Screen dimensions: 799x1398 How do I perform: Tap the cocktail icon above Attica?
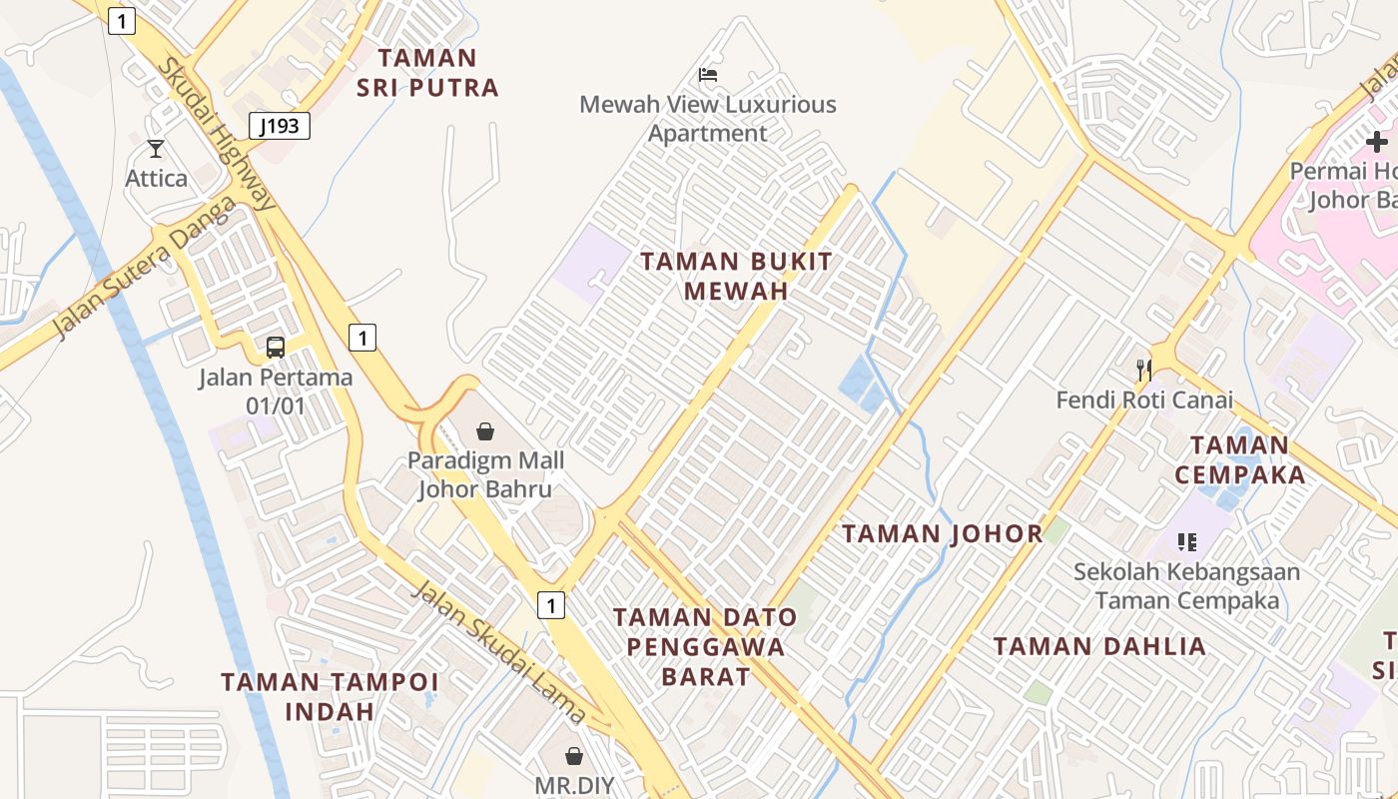tap(156, 149)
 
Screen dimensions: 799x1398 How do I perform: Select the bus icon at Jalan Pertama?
tap(276, 348)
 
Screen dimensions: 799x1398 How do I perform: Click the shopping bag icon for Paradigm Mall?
tap(484, 431)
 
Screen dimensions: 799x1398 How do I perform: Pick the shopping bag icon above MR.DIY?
tap(574, 756)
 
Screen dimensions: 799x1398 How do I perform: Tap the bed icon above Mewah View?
tap(708, 75)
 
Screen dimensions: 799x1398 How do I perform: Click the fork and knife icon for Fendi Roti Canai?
tap(1144, 370)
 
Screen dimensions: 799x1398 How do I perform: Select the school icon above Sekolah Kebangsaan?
tap(1187, 542)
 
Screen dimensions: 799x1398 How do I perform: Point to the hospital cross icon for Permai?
tap(1377, 142)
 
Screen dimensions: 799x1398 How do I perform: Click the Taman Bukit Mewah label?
tap(736, 277)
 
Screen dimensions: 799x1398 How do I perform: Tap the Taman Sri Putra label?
tap(427, 73)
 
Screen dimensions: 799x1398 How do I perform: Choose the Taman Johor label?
tap(943, 533)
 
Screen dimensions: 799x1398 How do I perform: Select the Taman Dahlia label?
tap(1099, 646)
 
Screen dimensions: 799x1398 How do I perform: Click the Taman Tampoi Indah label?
tap(330, 696)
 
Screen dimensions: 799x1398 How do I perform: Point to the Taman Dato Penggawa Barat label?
tap(705, 646)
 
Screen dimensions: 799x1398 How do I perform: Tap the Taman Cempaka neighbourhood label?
tap(1240, 459)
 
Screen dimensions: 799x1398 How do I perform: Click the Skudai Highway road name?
tap(217, 133)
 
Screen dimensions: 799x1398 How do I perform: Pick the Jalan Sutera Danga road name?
tap(146, 267)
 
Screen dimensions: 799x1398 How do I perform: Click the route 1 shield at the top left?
tap(122, 21)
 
